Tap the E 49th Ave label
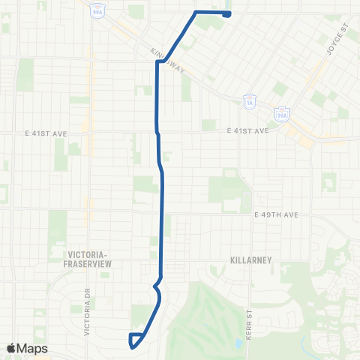click(276, 214)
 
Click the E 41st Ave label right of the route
click(247, 130)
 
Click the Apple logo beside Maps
click(12, 348)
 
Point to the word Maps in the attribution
click(33, 348)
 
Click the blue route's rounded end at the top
click(226, 13)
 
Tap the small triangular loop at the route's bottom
click(134, 340)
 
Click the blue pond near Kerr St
click(237, 343)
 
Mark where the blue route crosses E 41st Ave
click(157, 132)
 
